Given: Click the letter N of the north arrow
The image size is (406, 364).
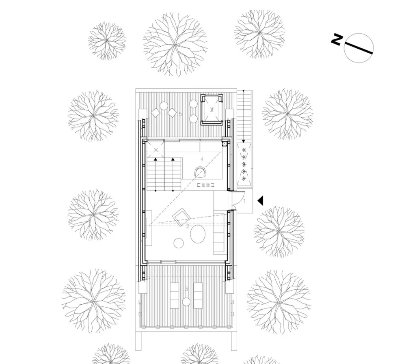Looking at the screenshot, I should tap(337, 39).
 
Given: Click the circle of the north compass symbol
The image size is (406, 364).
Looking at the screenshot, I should tap(358, 47).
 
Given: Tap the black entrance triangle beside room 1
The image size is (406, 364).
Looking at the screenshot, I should tap(261, 200).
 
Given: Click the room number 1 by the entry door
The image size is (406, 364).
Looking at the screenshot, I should tap(244, 200).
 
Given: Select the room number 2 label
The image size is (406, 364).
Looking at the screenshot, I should tap(188, 226).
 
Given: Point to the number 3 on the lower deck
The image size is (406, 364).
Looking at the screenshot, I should tap(186, 289).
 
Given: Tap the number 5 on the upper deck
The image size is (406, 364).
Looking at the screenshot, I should tap(180, 114).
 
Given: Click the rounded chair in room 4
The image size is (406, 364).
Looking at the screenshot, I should tap(202, 172).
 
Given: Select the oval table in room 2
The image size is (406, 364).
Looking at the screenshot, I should tap(198, 235).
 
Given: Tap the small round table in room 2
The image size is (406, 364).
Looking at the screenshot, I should tap(179, 243).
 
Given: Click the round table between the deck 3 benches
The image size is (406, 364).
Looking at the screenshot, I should tap(186, 302).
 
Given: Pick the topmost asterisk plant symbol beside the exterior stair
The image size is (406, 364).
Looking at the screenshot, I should tap(244, 150).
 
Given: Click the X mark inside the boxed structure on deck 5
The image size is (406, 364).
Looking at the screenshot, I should tap(212, 110).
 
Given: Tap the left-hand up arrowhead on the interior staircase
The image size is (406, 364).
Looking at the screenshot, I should tap(155, 159).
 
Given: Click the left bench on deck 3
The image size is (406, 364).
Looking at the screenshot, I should tap(175, 294).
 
